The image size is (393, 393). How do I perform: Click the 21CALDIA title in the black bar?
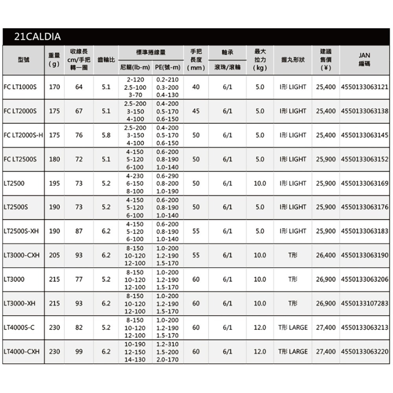(37, 37)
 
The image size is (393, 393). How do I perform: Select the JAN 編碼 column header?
(364, 59)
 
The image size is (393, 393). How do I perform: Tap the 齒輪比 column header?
(105, 60)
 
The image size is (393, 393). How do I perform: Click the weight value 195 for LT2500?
(55, 183)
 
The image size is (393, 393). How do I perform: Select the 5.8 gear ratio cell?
(105, 135)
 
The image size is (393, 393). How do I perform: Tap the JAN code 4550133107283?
(365, 303)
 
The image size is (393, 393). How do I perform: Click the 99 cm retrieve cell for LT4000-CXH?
(79, 351)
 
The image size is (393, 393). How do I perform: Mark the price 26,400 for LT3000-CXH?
(326, 255)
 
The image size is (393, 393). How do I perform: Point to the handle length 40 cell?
(196, 87)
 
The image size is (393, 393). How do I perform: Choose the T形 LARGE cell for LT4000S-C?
(293, 327)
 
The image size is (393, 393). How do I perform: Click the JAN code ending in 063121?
(365, 87)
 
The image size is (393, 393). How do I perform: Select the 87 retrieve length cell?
(79, 231)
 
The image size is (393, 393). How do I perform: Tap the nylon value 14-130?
(135, 359)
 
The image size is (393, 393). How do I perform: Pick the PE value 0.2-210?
(167, 79)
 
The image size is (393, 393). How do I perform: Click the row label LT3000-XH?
(20, 303)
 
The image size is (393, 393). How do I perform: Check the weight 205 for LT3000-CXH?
(55, 255)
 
